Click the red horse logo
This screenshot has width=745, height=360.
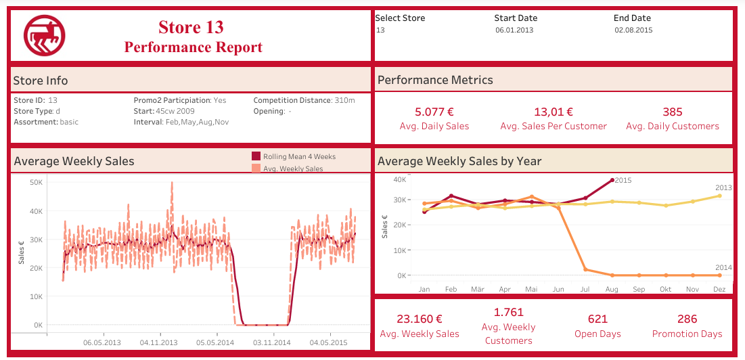coord(45,35)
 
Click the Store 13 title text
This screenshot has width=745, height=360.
coord(191,27)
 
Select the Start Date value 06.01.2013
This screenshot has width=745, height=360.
coord(514,30)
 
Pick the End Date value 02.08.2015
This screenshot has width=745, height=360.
coord(633,30)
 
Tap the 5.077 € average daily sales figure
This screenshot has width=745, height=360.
coord(434,112)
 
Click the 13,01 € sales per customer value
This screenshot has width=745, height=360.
coord(553,112)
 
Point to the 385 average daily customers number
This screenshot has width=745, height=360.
coord(672,112)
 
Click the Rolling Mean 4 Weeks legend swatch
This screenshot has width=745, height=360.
coord(256,156)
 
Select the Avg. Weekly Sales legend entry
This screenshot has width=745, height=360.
coord(292,168)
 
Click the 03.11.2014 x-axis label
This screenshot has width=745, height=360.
coord(272,342)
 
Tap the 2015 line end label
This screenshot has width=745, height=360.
coord(623,180)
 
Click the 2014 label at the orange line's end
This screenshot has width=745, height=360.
coord(723,268)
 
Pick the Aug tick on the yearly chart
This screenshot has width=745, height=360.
coord(612,289)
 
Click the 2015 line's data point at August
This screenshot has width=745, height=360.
coord(612,180)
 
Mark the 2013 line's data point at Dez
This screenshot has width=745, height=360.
coord(719,196)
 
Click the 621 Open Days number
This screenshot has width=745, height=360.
coord(597,319)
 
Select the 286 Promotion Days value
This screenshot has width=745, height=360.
coord(687,319)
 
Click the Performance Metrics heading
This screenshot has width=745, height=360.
coord(435,80)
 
